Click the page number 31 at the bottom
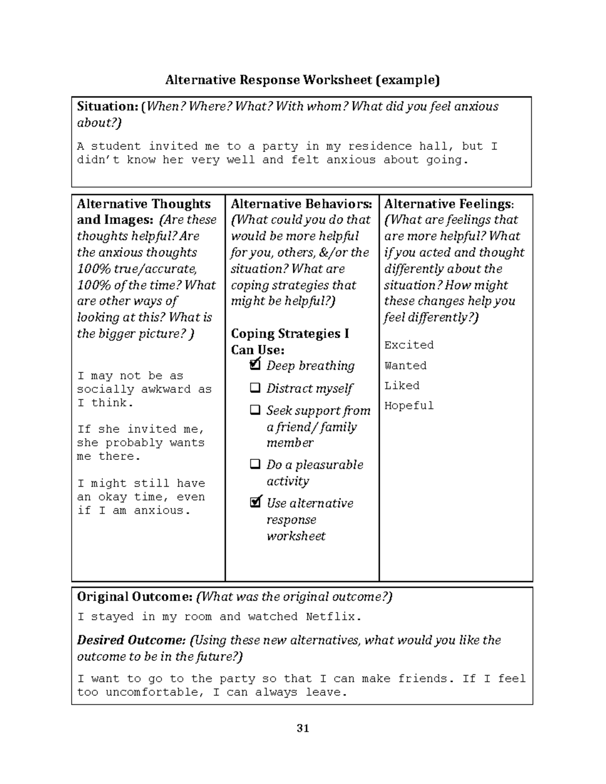[303, 728]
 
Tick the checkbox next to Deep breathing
[256, 364]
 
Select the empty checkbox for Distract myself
[256, 388]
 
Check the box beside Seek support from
[256, 410]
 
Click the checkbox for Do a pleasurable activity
[256, 464]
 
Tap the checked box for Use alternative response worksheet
[256, 502]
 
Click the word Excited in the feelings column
[409, 345]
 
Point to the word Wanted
[405, 365]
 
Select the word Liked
[401, 385]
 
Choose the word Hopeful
[409, 405]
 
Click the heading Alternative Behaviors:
[301, 204]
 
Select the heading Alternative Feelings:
[448, 204]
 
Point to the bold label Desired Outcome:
[131, 640]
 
